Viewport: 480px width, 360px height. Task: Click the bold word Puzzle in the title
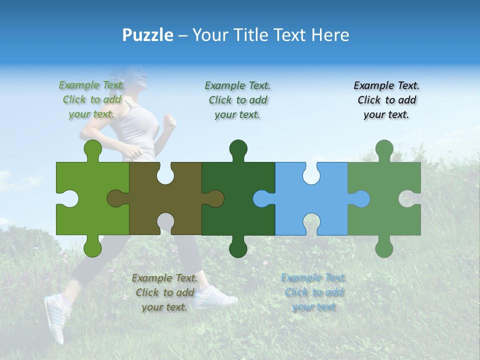pos(147,35)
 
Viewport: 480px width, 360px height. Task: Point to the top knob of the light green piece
pos(92,149)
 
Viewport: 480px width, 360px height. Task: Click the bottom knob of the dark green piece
pos(238,248)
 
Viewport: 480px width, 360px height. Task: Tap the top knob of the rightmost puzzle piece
pos(384,149)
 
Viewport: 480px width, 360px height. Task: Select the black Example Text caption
pos(386,100)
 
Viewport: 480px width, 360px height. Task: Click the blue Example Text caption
pos(313,292)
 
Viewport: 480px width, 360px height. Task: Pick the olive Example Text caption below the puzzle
pos(164,292)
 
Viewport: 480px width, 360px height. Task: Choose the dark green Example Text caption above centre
pos(237,100)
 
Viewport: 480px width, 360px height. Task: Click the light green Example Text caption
pos(91,99)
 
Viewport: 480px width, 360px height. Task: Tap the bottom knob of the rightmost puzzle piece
pos(384,248)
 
